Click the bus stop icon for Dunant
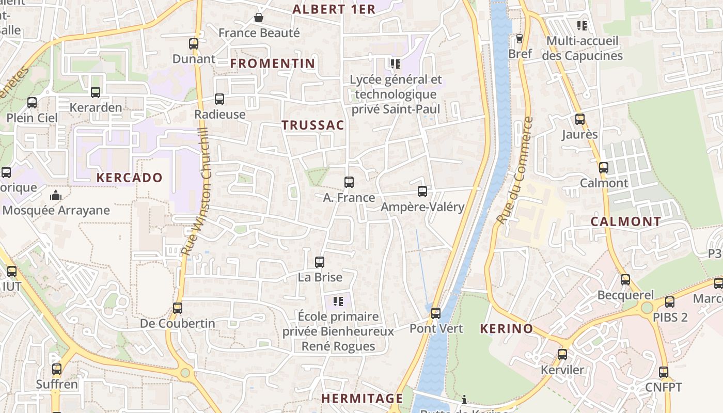click(194, 44)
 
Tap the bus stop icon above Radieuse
click(219, 99)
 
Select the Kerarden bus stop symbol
click(96, 92)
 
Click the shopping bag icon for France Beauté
click(259, 18)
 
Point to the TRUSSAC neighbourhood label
click(313, 125)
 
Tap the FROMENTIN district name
click(273, 63)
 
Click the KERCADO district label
click(130, 178)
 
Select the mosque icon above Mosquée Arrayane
click(55, 195)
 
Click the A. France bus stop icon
click(349, 182)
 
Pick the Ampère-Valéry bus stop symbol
click(422, 192)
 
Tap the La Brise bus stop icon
click(320, 262)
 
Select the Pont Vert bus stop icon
click(436, 313)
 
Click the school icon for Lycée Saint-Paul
click(396, 64)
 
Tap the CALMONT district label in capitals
click(626, 221)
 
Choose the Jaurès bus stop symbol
click(580, 119)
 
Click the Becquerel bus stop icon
click(625, 280)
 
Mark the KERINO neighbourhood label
click(507, 329)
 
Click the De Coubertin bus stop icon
click(178, 308)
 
